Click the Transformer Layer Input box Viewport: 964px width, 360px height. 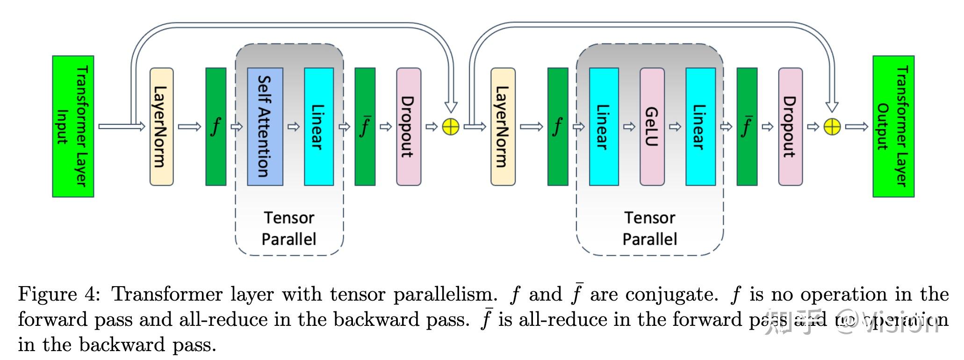point(73,126)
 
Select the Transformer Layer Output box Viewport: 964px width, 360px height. point(893,126)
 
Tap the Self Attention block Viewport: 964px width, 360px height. point(265,126)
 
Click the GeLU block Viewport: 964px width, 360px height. point(652,126)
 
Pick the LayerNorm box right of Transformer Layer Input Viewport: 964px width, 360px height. point(161,126)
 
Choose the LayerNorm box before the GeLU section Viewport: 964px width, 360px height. point(503,126)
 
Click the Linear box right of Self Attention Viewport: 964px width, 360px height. point(319,126)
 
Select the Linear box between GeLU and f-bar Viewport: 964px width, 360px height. point(700,126)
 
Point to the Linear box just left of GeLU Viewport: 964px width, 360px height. point(604,126)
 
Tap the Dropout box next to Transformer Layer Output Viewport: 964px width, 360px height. point(790,126)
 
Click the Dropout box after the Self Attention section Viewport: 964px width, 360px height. point(409,126)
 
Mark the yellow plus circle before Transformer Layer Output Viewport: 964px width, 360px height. point(832,127)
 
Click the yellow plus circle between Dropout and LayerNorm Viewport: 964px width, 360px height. point(451,127)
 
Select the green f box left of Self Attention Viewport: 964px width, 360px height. point(216,126)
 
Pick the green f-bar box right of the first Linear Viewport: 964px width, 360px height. point(365,126)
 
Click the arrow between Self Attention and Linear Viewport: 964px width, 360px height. point(294,127)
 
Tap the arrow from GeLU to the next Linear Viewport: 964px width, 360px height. point(675,127)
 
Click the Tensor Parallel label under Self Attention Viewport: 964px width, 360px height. point(289,228)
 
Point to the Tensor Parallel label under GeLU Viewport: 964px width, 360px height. point(650,228)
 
